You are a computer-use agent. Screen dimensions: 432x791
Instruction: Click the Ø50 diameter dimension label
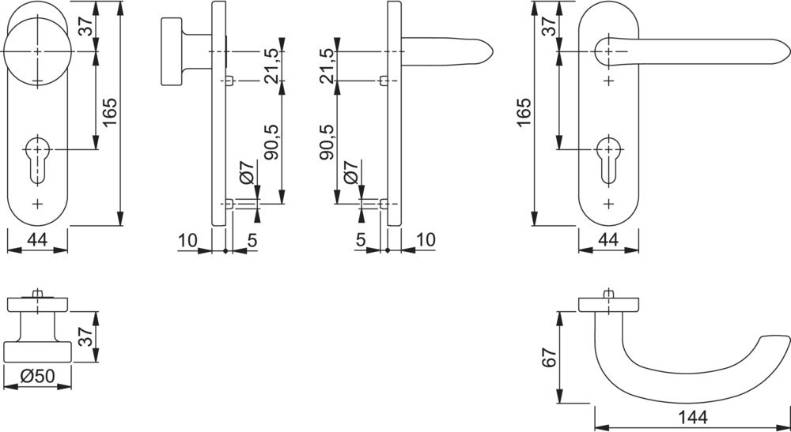(x=38, y=378)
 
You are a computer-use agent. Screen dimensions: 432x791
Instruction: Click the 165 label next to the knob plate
(x=109, y=115)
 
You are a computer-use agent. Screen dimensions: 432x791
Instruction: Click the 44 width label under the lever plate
(x=607, y=241)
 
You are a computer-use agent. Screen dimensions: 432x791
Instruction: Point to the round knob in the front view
(x=37, y=51)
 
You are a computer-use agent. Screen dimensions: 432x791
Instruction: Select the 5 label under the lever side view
(x=360, y=241)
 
